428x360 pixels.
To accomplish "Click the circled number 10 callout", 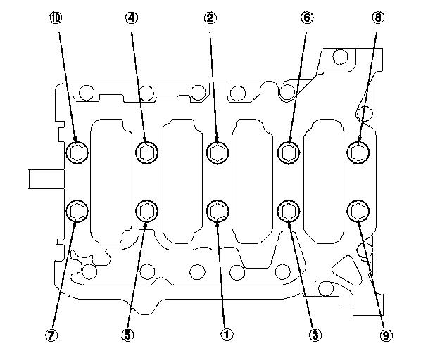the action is (x=57, y=18).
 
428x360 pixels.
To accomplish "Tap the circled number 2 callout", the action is (x=209, y=18).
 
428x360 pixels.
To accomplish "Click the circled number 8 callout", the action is (x=379, y=18).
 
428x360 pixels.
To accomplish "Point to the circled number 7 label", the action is (x=50, y=335).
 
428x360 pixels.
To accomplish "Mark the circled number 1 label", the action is (x=227, y=335).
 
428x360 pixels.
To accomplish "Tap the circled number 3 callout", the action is (x=306, y=335).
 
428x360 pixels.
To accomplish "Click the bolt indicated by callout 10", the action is (x=76, y=151).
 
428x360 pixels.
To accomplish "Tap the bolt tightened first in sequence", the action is (x=217, y=210).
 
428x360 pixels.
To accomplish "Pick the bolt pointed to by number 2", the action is (x=217, y=151).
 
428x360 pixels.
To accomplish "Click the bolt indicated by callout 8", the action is (x=358, y=151).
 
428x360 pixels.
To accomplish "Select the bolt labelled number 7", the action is (x=76, y=210).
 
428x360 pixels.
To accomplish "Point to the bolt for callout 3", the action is (x=287, y=210).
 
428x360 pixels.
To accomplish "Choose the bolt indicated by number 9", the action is (x=358, y=210).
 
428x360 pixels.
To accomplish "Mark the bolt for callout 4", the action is (x=146, y=151).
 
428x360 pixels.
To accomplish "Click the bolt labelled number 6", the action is (x=287, y=151).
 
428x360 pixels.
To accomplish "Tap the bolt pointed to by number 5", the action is (x=146, y=210).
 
